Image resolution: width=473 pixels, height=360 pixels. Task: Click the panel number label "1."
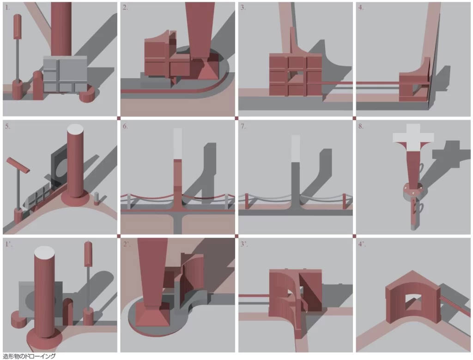point(7,8)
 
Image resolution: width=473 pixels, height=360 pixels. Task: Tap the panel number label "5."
point(7,126)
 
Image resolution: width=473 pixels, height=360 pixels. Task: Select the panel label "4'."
point(362,244)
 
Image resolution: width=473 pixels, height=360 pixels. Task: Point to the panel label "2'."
point(127,244)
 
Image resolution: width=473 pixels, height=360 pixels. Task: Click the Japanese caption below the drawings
point(29,356)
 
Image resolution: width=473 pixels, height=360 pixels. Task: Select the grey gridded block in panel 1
point(65,74)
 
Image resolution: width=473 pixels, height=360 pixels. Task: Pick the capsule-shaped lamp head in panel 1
point(17,26)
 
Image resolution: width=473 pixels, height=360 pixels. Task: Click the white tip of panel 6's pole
point(178,144)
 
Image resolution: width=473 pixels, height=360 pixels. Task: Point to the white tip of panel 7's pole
point(296,149)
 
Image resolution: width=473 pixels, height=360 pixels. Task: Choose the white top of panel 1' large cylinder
point(44,252)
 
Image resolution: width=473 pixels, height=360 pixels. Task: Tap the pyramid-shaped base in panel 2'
point(152,315)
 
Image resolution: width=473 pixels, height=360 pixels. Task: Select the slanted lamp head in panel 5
point(18,165)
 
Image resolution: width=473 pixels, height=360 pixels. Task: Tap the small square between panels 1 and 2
point(119,118)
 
